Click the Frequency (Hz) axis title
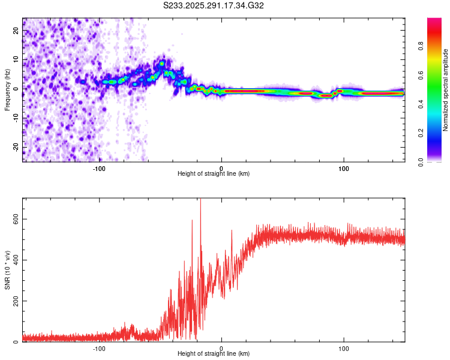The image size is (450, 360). pos(7,90)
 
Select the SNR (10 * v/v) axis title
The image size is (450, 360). pos(7,270)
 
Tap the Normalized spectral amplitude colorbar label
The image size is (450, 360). pos(446,90)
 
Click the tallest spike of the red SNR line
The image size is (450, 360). pos(200,200)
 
